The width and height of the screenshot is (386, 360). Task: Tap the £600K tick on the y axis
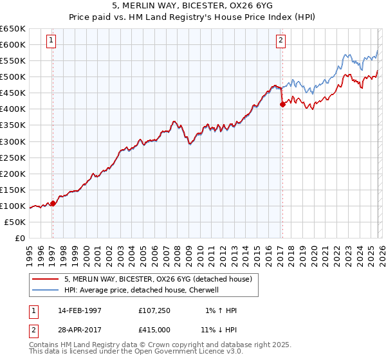click(13, 44)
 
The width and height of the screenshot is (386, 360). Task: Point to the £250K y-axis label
click(13, 157)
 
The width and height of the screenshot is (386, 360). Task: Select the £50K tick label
click(15, 222)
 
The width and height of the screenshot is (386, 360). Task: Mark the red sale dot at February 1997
click(53, 203)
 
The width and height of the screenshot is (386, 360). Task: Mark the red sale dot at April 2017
click(282, 104)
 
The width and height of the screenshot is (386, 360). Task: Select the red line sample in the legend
click(46, 279)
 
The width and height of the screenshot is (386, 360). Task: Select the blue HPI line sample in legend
click(46, 290)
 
